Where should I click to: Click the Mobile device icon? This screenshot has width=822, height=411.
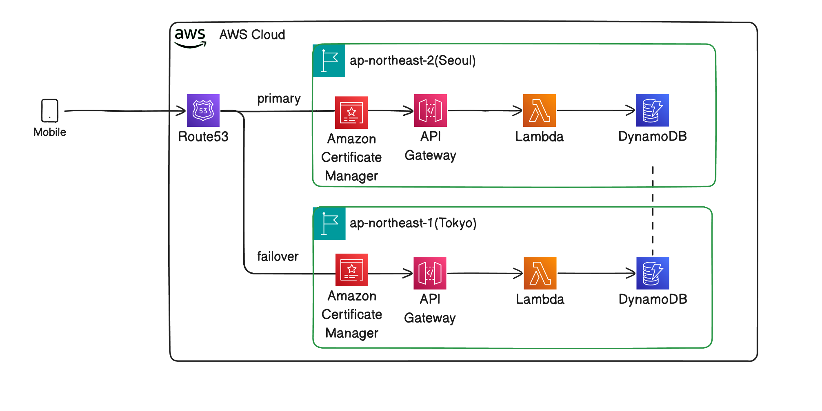tap(50, 110)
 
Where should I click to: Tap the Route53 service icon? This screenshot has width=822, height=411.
tap(203, 110)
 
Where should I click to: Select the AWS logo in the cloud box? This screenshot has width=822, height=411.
tap(190, 38)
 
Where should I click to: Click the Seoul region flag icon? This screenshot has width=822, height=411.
tap(329, 61)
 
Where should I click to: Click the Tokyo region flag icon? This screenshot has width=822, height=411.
tap(329, 223)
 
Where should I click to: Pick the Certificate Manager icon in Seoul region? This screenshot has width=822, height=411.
tap(351, 113)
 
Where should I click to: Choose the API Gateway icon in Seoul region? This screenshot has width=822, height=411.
tap(430, 110)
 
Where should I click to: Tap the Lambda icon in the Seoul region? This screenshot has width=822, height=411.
tap(539, 110)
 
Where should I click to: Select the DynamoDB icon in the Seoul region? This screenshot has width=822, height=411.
tap(652, 110)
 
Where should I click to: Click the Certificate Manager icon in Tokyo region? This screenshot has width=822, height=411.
tap(351, 270)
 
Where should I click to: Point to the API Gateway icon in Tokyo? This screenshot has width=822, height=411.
tap(430, 273)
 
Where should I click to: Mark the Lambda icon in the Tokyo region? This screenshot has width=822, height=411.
tap(540, 273)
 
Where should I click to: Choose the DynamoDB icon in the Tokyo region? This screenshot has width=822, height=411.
tap(652, 273)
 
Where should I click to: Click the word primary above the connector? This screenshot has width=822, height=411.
tap(279, 99)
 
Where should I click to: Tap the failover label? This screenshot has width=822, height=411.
tap(278, 256)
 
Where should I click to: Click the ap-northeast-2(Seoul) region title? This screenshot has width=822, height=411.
tap(413, 61)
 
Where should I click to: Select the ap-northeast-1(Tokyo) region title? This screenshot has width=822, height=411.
tap(413, 223)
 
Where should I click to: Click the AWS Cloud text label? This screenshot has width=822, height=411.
tap(252, 35)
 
